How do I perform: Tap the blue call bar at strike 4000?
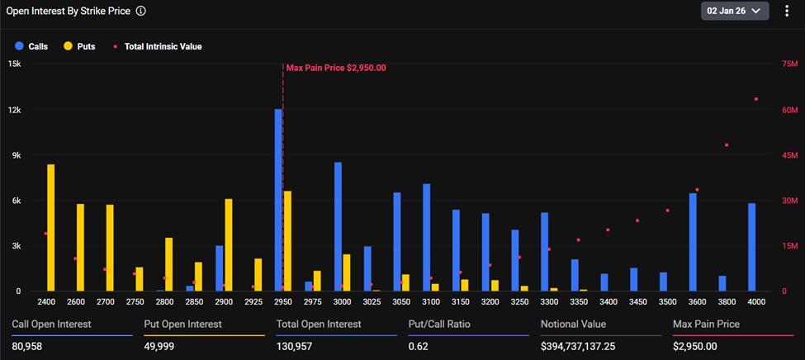click(x=751, y=247)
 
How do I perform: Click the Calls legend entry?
click(x=32, y=47)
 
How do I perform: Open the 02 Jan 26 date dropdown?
click(x=735, y=11)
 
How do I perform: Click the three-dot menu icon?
click(x=786, y=11)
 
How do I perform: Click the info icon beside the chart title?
click(x=141, y=12)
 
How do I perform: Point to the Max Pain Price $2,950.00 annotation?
click(x=336, y=68)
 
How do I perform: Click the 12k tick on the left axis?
click(x=15, y=110)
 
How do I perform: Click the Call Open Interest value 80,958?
click(x=27, y=346)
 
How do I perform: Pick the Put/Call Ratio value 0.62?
click(x=419, y=346)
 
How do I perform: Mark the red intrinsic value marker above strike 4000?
click(x=755, y=99)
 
